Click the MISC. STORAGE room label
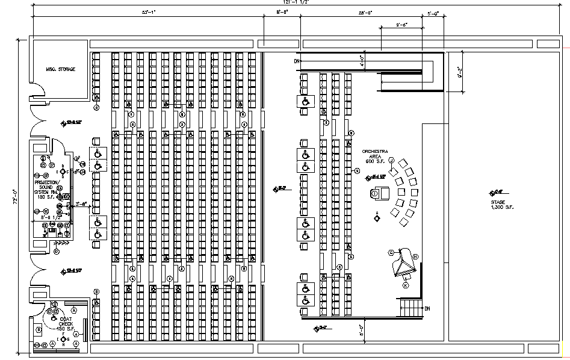[x=61, y=70]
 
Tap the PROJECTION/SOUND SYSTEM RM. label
[x=47, y=188]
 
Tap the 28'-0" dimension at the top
[x=365, y=12]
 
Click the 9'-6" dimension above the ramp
[x=402, y=25]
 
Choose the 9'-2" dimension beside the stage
[x=460, y=73]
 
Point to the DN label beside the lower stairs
[x=427, y=309]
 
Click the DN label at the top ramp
[x=297, y=61]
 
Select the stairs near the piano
[x=412, y=308]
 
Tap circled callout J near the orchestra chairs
[x=391, y=160]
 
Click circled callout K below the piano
[x=405, y=285]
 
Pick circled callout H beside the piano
[x=415, y=257]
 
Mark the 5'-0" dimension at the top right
[x=433, y=13]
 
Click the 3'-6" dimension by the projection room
[x=81, y=203]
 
